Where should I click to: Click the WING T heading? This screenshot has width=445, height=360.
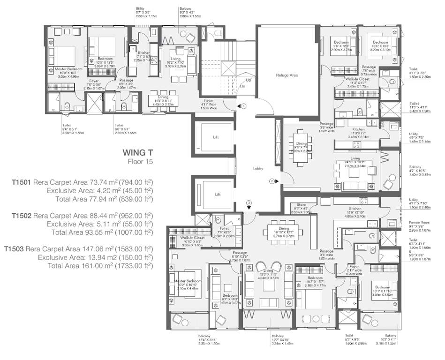click(137, 152)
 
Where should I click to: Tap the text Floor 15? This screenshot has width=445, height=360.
click(141, 162)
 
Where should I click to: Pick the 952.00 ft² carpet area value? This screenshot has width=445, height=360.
click(136, 216)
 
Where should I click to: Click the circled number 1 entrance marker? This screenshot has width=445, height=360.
click(244, 106)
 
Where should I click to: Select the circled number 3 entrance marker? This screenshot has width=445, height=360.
click(249, 202)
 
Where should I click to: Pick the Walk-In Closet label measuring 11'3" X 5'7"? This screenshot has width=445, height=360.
click(357, 80)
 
